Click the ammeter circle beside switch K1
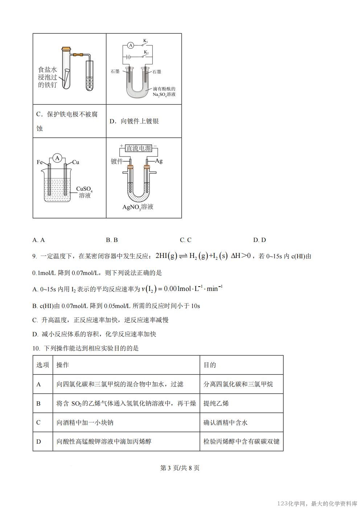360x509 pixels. pos(131,45)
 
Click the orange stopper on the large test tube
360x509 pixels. pos(66,49)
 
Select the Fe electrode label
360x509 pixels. pos(40,162)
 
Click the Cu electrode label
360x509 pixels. pos(75,162)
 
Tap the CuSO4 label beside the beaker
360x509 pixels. pos(85,189)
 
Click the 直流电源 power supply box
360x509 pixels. pos(138,148)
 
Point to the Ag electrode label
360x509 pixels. pos(159,161)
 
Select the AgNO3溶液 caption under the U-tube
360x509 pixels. pos(138,207)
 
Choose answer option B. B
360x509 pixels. pos(112,240)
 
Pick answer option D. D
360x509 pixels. pos(259,240)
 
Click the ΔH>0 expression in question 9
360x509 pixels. pos(241,256)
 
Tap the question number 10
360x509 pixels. pos(36,348)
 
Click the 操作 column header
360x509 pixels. pos(63,365)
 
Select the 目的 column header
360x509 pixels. pos(210,365)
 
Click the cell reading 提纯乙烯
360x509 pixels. pos(216,403)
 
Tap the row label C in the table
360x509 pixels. pos(38,423)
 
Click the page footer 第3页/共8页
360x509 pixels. pos(180,468)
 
